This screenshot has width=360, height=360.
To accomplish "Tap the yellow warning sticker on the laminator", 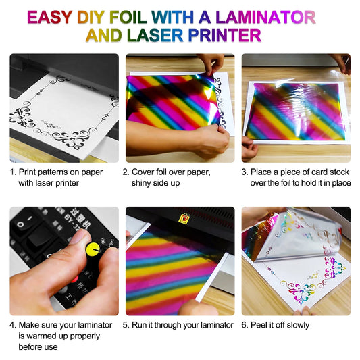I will [183, 218].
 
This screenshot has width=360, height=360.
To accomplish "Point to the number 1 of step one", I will [12, 172].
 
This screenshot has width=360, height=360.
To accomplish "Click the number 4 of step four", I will [13, 325].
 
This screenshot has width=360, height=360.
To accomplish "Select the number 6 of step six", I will [245, 325].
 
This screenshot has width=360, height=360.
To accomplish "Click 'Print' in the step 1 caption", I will [30, 172].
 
